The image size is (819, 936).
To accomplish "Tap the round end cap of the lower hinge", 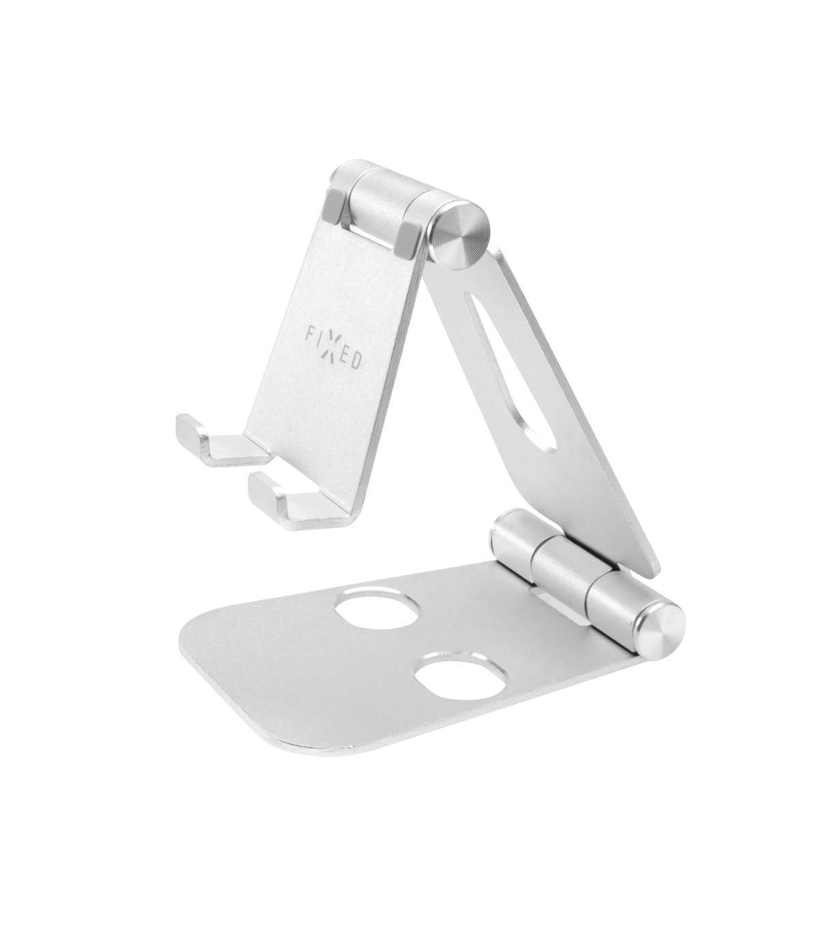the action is (x=660, y=624).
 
